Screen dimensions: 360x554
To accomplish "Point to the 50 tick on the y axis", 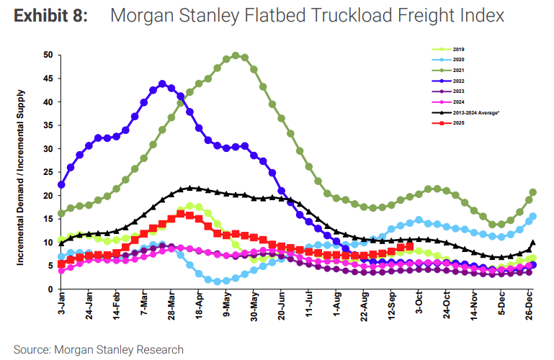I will [x=48, y=55].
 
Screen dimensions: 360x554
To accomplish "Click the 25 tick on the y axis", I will [x=48, y=172].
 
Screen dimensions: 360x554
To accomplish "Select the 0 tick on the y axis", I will [x=50, y=289].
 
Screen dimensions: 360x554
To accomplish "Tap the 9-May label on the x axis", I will [x=226, y=306].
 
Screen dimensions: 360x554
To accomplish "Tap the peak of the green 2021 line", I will [x=236, y=55].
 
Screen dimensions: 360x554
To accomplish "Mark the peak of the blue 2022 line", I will [x=162, y=84].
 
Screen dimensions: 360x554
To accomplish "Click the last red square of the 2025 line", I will [x=410, y=247].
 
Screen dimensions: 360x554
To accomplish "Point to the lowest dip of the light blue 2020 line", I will [x=217, y=282].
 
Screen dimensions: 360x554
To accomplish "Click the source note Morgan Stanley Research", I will [x=98, y=349].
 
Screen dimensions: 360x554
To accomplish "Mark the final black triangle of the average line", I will [x=533, y=243].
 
